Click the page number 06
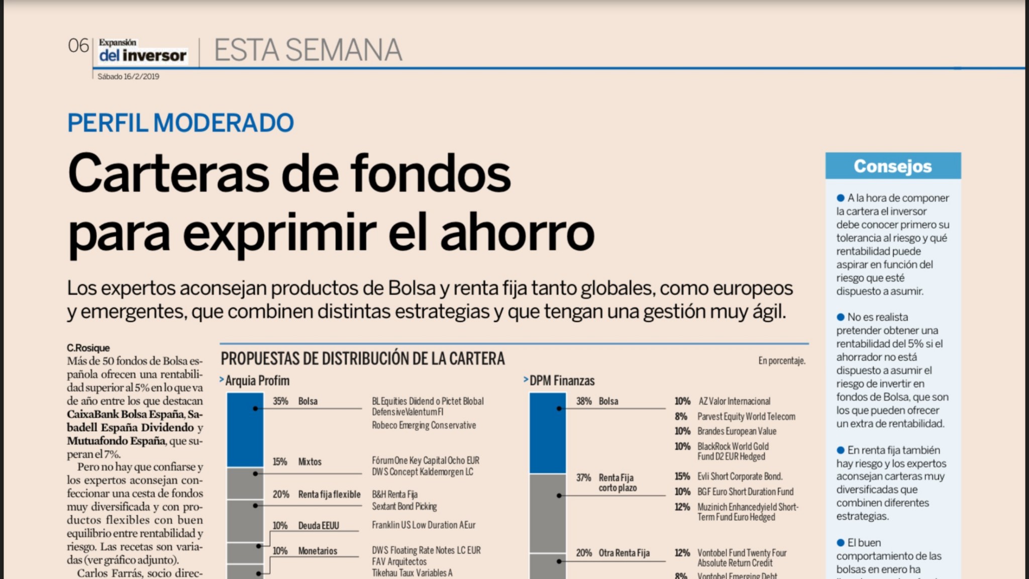point(78,46)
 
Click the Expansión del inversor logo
point(142,51)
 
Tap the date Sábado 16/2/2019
point(128,76)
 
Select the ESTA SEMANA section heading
point(307,50)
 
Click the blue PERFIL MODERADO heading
point(180,123)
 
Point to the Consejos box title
point(892,166)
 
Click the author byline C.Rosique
point(88,348)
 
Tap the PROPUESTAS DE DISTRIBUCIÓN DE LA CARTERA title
point(362,359)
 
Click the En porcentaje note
point(781,361)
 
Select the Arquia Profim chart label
point(257,381)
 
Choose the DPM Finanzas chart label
point(562,381)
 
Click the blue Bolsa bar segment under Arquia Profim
point(245,430)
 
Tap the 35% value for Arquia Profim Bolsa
point(280,401)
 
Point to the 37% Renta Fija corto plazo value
point(583,477)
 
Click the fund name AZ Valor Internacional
point(734,401)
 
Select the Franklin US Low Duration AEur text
point(423,525)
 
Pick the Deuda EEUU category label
point(318,526)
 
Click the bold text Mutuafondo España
point(116,441)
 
